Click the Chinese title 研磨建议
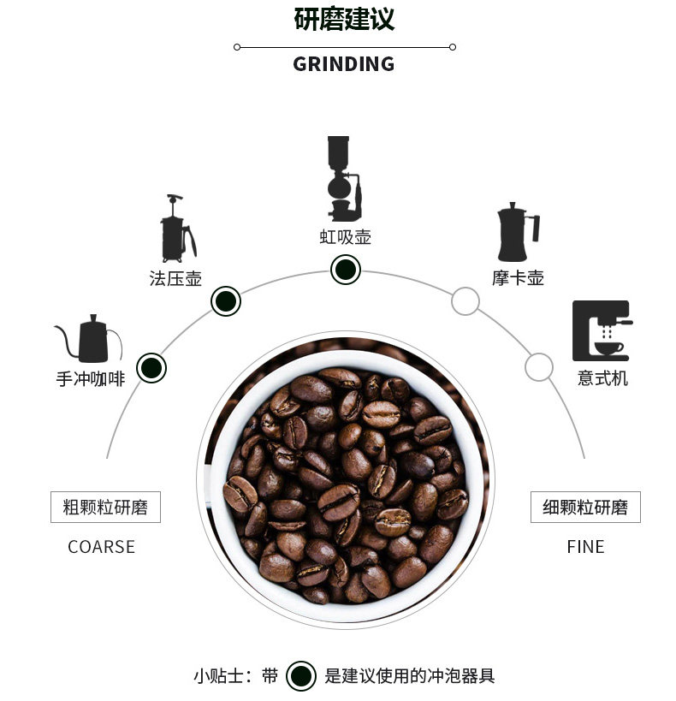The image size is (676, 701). tap(344, 19)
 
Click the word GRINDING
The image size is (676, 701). tap(343, 64)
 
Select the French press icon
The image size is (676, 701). tap(178, 229)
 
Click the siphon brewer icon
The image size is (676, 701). tap(343, 178)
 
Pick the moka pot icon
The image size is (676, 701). tap(517, 232)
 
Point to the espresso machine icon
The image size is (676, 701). tap(602, 330)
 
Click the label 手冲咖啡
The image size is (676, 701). tap(91, 378)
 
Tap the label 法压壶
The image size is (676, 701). tap(175, 278)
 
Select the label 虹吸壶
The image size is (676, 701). tap(345, 237)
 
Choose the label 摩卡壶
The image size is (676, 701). tap(518, 278)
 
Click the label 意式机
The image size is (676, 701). tap(602, 377)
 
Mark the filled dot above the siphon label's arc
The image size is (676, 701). tap(345, 270)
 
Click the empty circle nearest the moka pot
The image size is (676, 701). tap(465, 301)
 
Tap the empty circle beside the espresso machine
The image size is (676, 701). tap(538, 367)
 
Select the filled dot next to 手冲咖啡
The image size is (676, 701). tap(151, 368)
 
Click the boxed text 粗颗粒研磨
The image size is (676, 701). tap(105, 507)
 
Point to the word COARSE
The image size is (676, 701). tap(101, 547)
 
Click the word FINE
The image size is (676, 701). tap(585, 547)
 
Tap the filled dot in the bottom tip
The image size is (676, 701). tap(300, 675)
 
